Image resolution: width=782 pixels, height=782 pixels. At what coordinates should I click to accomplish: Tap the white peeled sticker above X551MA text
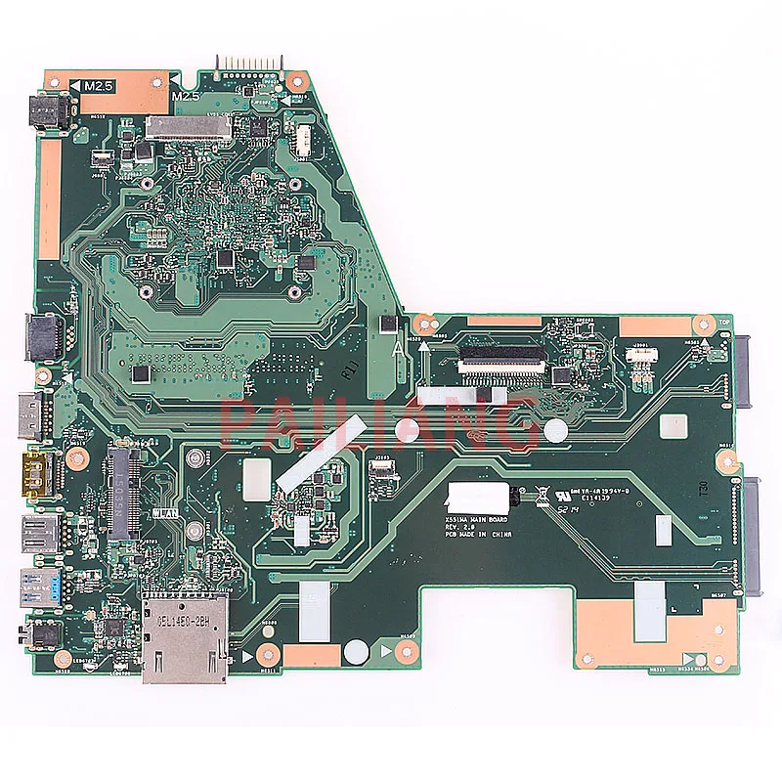pyautogui.click(x=475, y=495)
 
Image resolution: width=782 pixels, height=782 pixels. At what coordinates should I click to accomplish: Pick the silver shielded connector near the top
pyautogui.click(x=190, y=127)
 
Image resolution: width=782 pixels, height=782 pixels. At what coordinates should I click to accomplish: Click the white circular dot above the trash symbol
pyautogui.click(x=555, y=430)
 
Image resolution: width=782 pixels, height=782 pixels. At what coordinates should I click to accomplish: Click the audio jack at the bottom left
pyautogui.click(x=45, y=633)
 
